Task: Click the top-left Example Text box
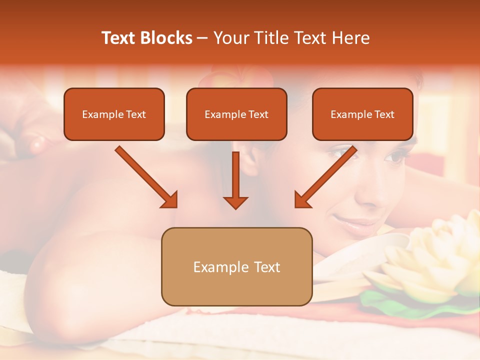tap(114, 114)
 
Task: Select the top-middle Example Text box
tap(236, 114)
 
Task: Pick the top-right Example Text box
tap(362, 114)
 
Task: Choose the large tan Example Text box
tap(236, 266)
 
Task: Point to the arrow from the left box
tap(146, 177)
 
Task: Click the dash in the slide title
tap(202, 38)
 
